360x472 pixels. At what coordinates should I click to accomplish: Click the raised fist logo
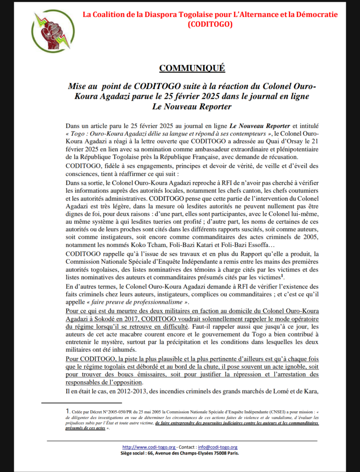click(52, 31)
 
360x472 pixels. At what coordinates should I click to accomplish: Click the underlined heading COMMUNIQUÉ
click(192, 68)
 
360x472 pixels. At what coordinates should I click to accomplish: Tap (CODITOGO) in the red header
click(210, 24)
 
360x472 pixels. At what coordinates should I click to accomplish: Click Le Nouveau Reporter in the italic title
click(192, 106)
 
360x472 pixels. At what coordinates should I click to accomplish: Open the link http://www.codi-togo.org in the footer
click(148, 447)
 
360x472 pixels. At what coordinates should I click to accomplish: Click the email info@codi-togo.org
click(218, 447)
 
